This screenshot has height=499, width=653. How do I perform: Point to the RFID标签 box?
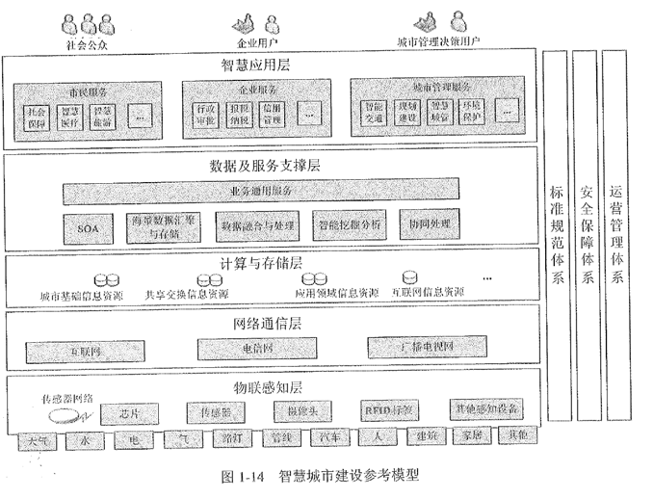(389, 409)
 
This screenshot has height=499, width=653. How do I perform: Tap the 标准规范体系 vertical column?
(556, 234)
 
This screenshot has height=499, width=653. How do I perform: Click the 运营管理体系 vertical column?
(615, 234)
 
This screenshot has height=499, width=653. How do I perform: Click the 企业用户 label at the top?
(256, 43)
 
